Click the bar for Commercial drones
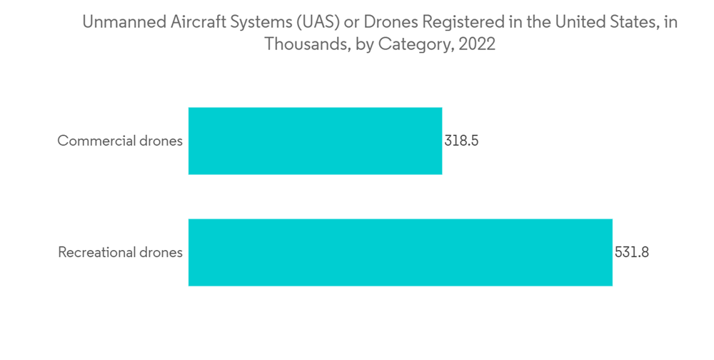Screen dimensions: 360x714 pos(315,141)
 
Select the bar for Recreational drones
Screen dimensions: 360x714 pos(400,252)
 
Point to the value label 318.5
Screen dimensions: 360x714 pos(461,141)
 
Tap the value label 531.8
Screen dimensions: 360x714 pos(632,252)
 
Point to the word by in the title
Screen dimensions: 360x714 pos(364,44)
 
